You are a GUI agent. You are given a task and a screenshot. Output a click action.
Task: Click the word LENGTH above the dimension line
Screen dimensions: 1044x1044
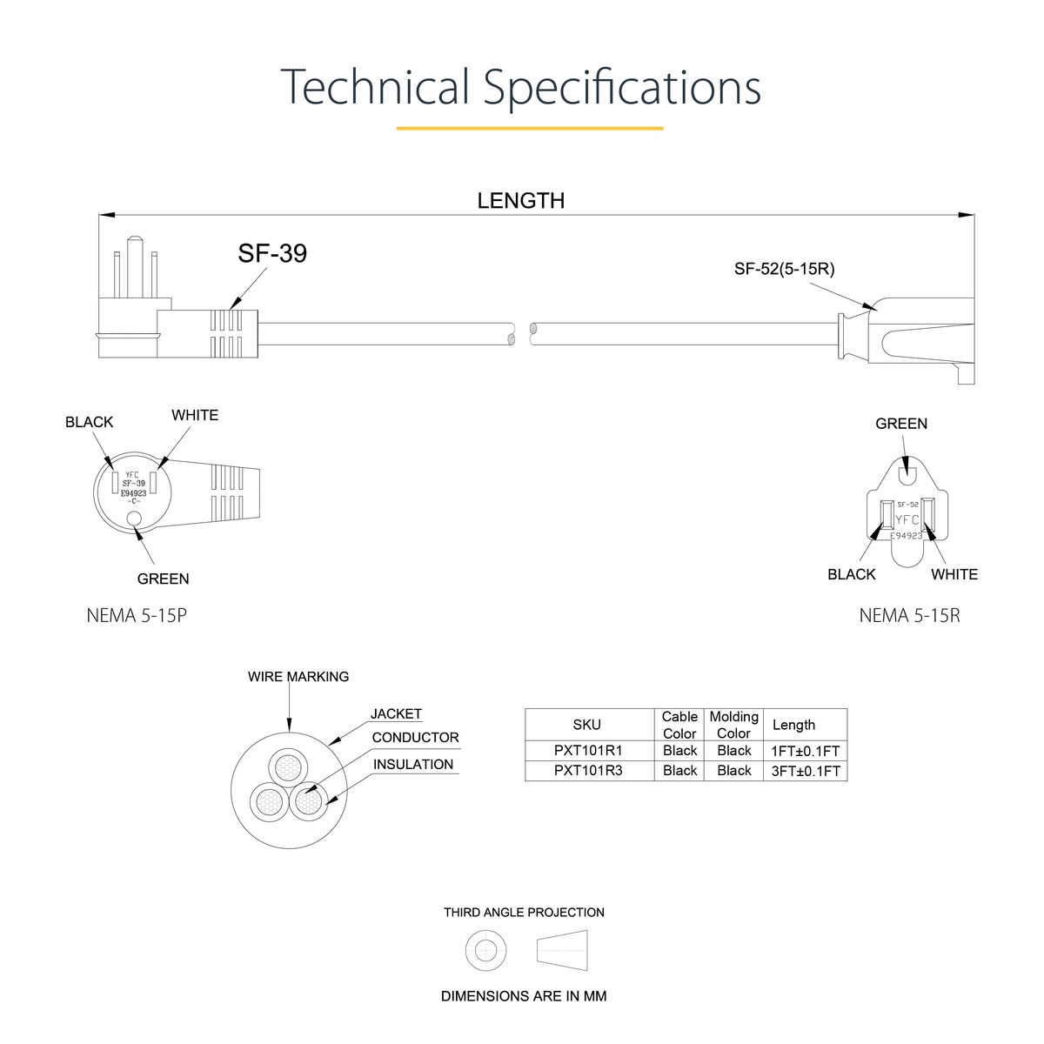520,201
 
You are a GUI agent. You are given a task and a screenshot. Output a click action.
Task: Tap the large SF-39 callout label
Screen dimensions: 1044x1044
272,253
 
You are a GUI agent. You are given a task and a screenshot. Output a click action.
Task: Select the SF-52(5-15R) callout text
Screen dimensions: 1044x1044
784,269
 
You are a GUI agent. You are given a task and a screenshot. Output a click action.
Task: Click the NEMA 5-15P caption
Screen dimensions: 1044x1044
137,616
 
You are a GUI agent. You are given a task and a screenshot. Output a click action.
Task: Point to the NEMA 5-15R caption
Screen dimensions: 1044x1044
910,616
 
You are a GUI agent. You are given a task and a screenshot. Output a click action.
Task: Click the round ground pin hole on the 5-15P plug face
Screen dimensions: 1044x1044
133,519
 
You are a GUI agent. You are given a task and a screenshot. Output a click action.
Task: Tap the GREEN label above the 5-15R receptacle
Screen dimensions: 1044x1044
901,424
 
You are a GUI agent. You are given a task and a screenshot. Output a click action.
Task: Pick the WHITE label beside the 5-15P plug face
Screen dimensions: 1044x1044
195,416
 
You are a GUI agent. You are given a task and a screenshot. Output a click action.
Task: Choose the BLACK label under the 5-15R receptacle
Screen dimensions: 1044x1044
852,574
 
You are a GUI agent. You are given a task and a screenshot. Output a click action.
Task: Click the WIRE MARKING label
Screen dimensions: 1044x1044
298,677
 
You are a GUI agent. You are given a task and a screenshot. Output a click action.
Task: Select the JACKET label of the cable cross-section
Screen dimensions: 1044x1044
396,714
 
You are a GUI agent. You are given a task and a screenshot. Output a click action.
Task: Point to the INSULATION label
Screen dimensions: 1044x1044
413,765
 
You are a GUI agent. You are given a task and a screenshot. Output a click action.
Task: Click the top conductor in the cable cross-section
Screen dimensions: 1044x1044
289,767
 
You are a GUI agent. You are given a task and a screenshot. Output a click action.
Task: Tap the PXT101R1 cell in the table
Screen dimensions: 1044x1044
588,750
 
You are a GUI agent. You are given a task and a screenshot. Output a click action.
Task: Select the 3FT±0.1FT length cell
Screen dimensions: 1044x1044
806,771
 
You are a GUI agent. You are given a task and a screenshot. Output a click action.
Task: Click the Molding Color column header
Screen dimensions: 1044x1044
734,725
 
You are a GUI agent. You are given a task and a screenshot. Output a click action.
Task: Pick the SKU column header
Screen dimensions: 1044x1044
586,725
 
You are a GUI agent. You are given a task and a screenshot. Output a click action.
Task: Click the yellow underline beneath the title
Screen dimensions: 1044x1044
530,129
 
